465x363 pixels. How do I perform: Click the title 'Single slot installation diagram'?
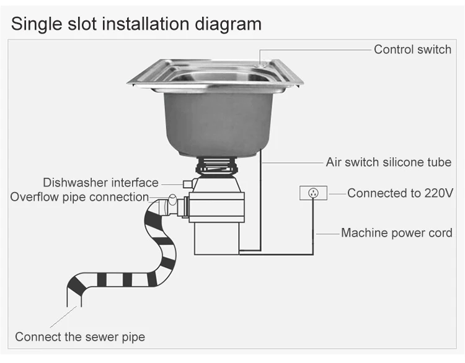[136, 24]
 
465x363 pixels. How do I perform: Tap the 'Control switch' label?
[412, 50]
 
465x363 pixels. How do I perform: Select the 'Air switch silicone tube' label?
[389, 163]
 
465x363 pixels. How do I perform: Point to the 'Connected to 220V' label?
[400, 193]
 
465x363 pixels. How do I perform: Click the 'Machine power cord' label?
[397, 234]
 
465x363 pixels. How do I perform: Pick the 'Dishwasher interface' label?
[100, 183]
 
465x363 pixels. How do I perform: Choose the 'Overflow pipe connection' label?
[79, 198]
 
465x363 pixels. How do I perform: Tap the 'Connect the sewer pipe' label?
[80, 337]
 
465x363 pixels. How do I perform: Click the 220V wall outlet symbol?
[313, 193]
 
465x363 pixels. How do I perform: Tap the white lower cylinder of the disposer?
[216, 238]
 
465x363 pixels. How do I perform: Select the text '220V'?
[440, 193]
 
